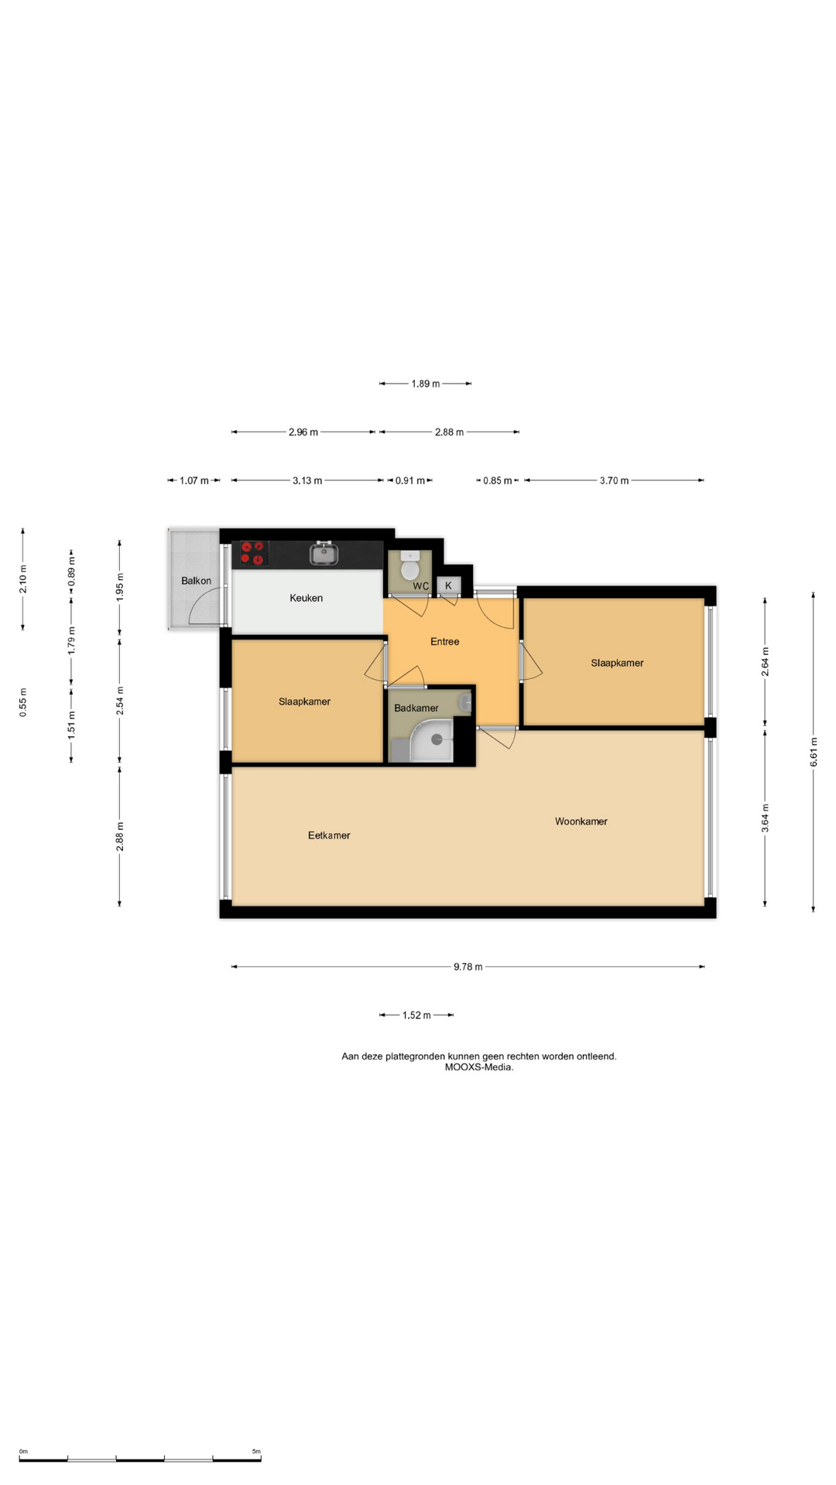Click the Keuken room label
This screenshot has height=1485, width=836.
coord(306,598)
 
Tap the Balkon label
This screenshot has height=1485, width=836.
coord(196,581)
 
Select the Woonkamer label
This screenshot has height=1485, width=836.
coord(581,821)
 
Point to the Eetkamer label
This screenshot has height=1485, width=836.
coord(329,835)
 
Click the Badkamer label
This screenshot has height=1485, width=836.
coord(416,708)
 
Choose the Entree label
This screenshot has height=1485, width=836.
coord(445,641)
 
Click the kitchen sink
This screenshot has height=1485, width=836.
coord(324,553)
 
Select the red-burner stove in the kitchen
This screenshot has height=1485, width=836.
coord(254,553)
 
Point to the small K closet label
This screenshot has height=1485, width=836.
coord(448,585)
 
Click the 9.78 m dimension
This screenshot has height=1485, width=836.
coord(468,967)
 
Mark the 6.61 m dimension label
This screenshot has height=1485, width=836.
coord(814,752)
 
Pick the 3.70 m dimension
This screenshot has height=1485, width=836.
coord(614,480)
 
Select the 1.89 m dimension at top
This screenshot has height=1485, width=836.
coord(426,384)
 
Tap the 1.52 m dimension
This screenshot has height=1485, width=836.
coord(416,1015)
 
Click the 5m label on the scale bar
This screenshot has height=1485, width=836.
coord(256,1452)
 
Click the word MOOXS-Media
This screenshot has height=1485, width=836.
coord(479,1067)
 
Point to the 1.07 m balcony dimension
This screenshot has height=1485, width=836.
coord(194,480)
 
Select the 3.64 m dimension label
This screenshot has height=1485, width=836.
coord(766,818)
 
